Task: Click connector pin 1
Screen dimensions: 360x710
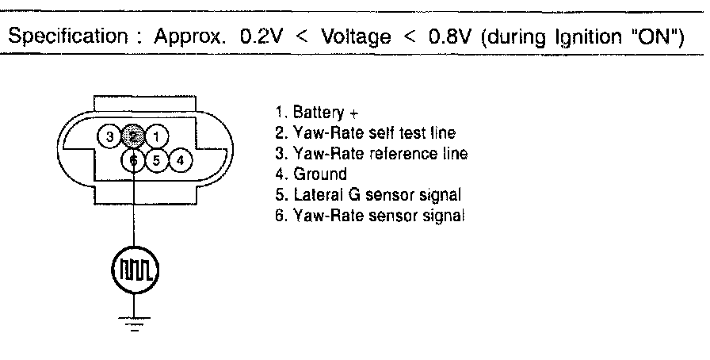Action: coord(158,136)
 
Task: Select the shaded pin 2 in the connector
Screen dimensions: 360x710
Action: coord(135,136)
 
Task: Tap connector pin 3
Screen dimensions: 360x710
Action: coord(112,136)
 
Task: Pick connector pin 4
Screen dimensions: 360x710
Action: coord(181,160)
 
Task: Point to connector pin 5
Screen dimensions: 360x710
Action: coord(157,160)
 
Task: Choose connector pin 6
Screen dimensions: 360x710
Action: coord(135,160)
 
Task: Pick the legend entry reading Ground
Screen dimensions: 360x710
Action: coord(311,174)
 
